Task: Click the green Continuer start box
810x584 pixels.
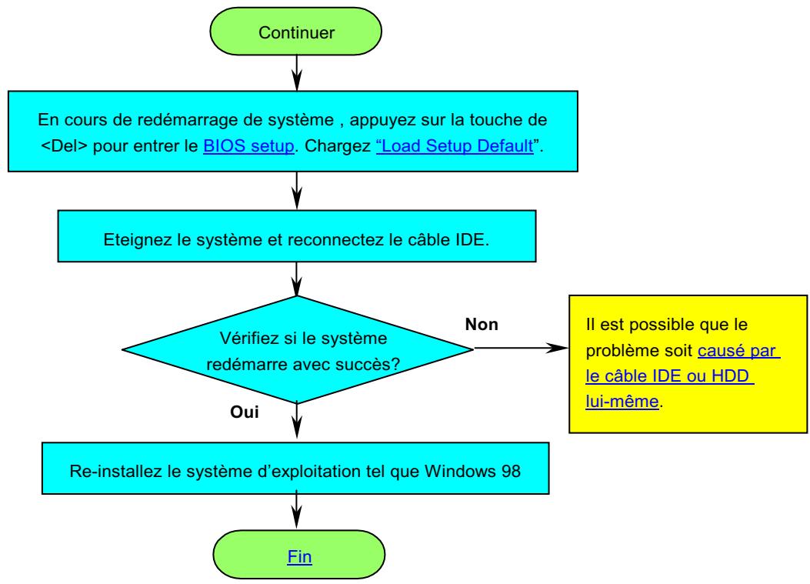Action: (296, 33)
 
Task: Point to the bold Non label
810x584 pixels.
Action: (482, 325)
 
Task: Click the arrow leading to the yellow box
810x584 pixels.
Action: (523, 349)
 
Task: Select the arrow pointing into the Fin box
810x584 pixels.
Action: (296, 514)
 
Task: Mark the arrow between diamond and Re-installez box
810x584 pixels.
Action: (296, 425)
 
